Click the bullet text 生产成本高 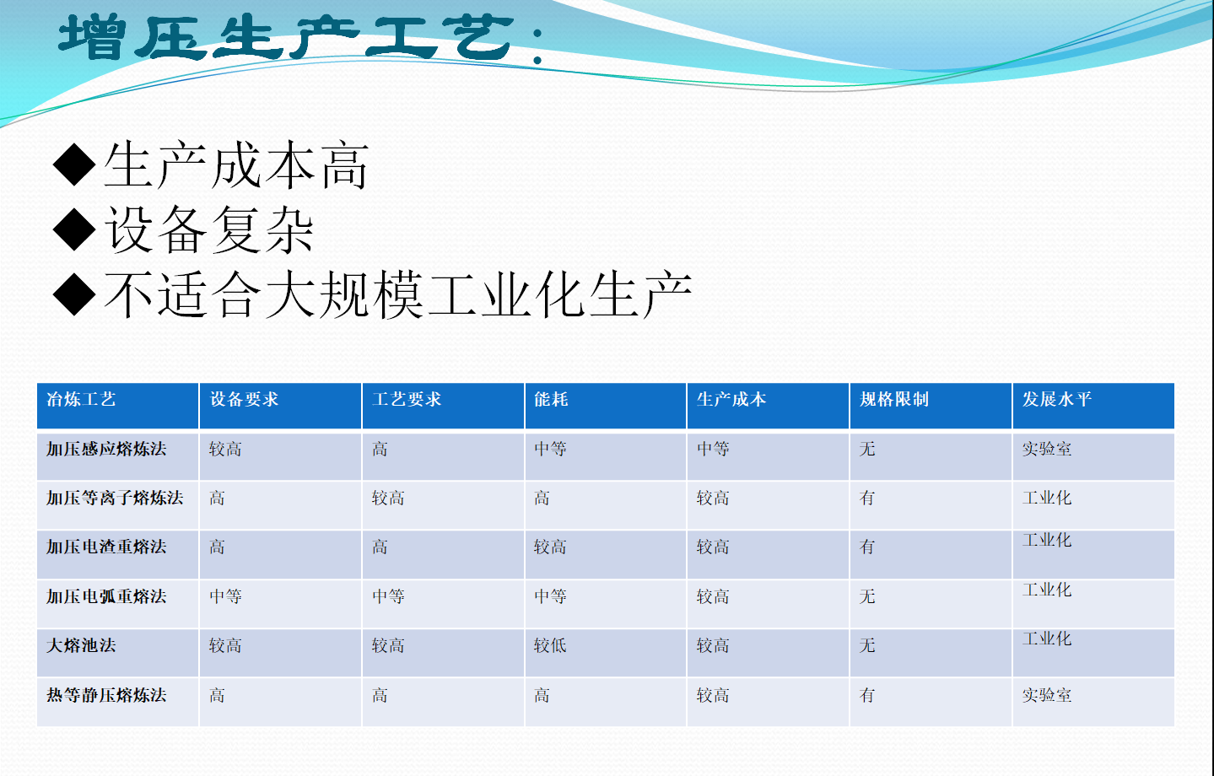click(236, 164)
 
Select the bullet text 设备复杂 click(209, 229)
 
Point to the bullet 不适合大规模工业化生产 click(398, 294)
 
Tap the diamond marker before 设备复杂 click(75, 229)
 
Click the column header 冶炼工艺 click(81, 399)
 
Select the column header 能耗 click(551, 399)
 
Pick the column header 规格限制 click(894, 399)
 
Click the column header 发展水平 click(1057, 399)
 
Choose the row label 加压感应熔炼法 click(106, 449)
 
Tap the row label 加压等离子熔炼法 click(115, 498)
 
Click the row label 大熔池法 click(81, 645)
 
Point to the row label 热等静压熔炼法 click(106, 695)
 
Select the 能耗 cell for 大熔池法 click(550, 645)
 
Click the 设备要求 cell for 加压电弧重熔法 click(225, 596)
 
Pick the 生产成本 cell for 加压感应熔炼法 click(713, 449)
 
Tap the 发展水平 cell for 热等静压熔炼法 click(1047, 695)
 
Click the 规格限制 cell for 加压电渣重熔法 click(867, 547)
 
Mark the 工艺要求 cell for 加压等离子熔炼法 click(388, 498)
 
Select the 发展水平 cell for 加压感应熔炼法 click(1047, 449)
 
